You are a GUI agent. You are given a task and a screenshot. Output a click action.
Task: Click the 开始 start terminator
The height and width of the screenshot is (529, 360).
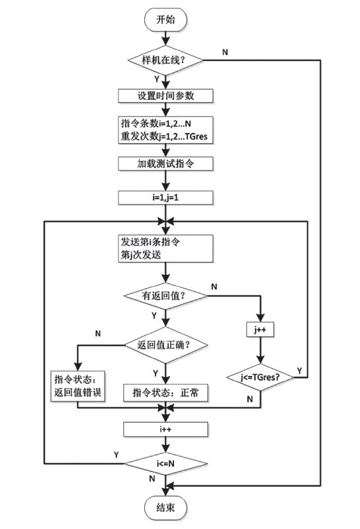165,20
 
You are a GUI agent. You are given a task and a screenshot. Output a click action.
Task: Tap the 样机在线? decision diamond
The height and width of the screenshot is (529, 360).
165,60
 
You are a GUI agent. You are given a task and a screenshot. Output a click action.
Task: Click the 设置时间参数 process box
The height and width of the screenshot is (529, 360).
165,95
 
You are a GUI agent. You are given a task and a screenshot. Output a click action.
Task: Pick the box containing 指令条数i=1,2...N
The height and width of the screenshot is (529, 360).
165,129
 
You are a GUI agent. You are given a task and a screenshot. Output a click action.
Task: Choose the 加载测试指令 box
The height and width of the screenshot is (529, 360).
165,163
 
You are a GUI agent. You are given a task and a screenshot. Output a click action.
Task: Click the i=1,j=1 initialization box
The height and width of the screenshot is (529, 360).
165,197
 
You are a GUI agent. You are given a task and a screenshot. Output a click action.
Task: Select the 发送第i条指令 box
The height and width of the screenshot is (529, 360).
165,248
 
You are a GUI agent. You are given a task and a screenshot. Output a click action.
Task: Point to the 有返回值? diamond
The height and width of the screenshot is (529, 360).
165,297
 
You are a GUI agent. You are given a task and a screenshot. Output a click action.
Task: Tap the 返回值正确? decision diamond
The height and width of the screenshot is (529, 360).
165,345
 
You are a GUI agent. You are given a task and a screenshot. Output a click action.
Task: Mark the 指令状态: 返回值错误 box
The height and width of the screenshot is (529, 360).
78,386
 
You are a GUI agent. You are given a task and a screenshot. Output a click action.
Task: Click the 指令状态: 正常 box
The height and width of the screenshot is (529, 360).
165,393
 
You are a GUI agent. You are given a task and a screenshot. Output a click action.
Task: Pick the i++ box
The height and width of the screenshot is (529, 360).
165,430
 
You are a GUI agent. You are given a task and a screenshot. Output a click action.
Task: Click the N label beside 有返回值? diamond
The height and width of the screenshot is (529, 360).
214,287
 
